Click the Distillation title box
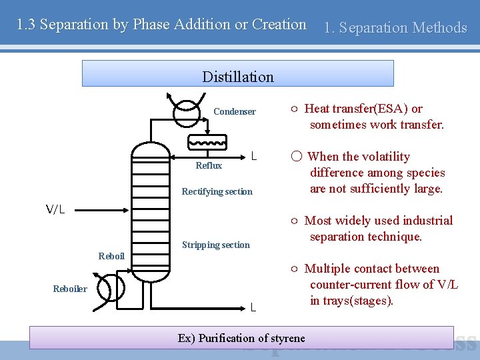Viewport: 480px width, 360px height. pos(237,74)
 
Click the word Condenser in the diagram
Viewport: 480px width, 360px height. pos(234,112)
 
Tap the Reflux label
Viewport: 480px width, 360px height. pos(209,165)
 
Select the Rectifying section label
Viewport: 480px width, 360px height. pos(217,192)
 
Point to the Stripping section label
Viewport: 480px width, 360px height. pos(215,245)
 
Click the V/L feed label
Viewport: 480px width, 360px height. pos(55,210)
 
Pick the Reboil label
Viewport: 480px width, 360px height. pos(111,256)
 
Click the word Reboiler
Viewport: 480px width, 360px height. pos(70,289)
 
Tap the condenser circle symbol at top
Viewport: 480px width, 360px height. pos(185,111)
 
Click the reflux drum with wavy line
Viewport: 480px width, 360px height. pos(207,142)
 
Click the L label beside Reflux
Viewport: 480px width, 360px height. pos(254,157)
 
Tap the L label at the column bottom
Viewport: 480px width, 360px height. pos(253,307)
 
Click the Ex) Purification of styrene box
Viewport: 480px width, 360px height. pos(241,337)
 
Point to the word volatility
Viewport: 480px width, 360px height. pos(385,157)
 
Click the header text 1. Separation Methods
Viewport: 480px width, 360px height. pos(395,27)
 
